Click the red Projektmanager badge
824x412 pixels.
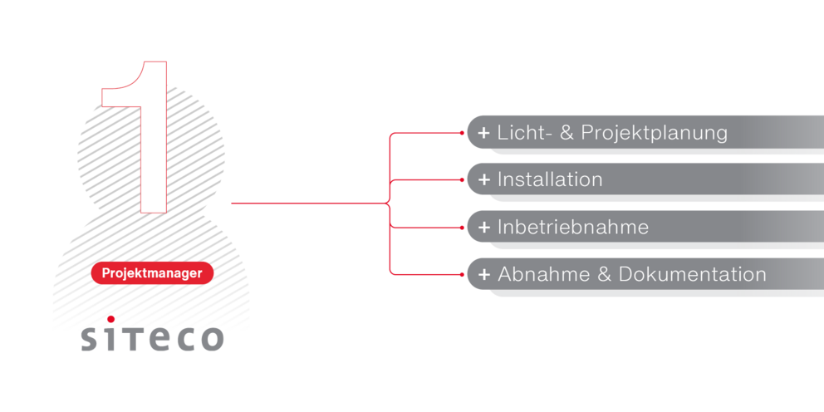click(152, 272)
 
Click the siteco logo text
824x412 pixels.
click(152, 337)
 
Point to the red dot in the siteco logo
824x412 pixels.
click(110, 318)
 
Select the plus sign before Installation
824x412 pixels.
click(483, 179)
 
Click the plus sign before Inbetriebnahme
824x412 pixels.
click(483, 227)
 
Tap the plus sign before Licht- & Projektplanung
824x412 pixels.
click(483, 132)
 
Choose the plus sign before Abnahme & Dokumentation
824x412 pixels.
click(483, 274)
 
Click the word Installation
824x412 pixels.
click(550, 179)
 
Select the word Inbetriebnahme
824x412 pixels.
click(573, 227)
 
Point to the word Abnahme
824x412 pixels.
click(543, 274)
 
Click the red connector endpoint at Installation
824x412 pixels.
click(461, 179)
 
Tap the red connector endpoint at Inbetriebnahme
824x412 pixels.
click(461, 227)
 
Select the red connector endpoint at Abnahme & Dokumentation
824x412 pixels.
click(461, 274)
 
